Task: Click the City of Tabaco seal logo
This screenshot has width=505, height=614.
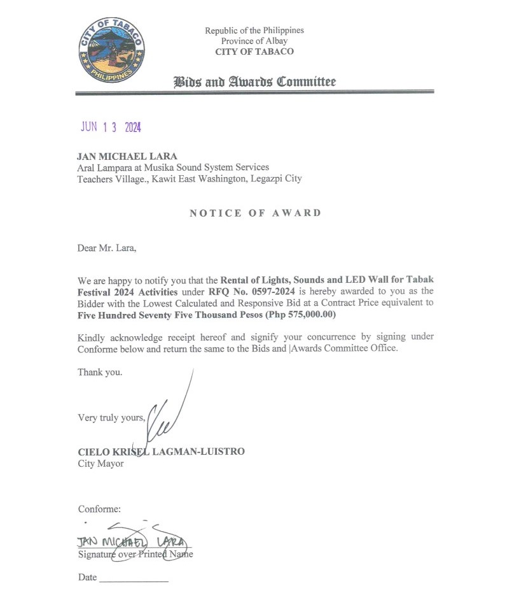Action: tap(111, 50)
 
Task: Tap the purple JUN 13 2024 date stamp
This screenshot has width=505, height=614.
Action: tap(110, 127)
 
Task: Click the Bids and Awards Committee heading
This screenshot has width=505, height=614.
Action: tap(254, 82)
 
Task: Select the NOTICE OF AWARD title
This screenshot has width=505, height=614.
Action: tap(255, 213)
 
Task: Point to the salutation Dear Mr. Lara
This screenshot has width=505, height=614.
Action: tap(106, 248)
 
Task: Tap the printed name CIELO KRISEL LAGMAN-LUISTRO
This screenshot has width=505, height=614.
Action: tap(161, 452)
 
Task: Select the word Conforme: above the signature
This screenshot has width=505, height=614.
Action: tap(99, 509)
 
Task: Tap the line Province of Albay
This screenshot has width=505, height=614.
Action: tap(254, 41)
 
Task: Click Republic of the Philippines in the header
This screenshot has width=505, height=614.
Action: tap(254, 31)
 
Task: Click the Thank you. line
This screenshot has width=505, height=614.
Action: tap(100, 372)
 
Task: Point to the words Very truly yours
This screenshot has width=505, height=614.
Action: tap(111, 418)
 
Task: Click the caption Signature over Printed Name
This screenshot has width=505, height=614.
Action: tap(135, 554)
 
